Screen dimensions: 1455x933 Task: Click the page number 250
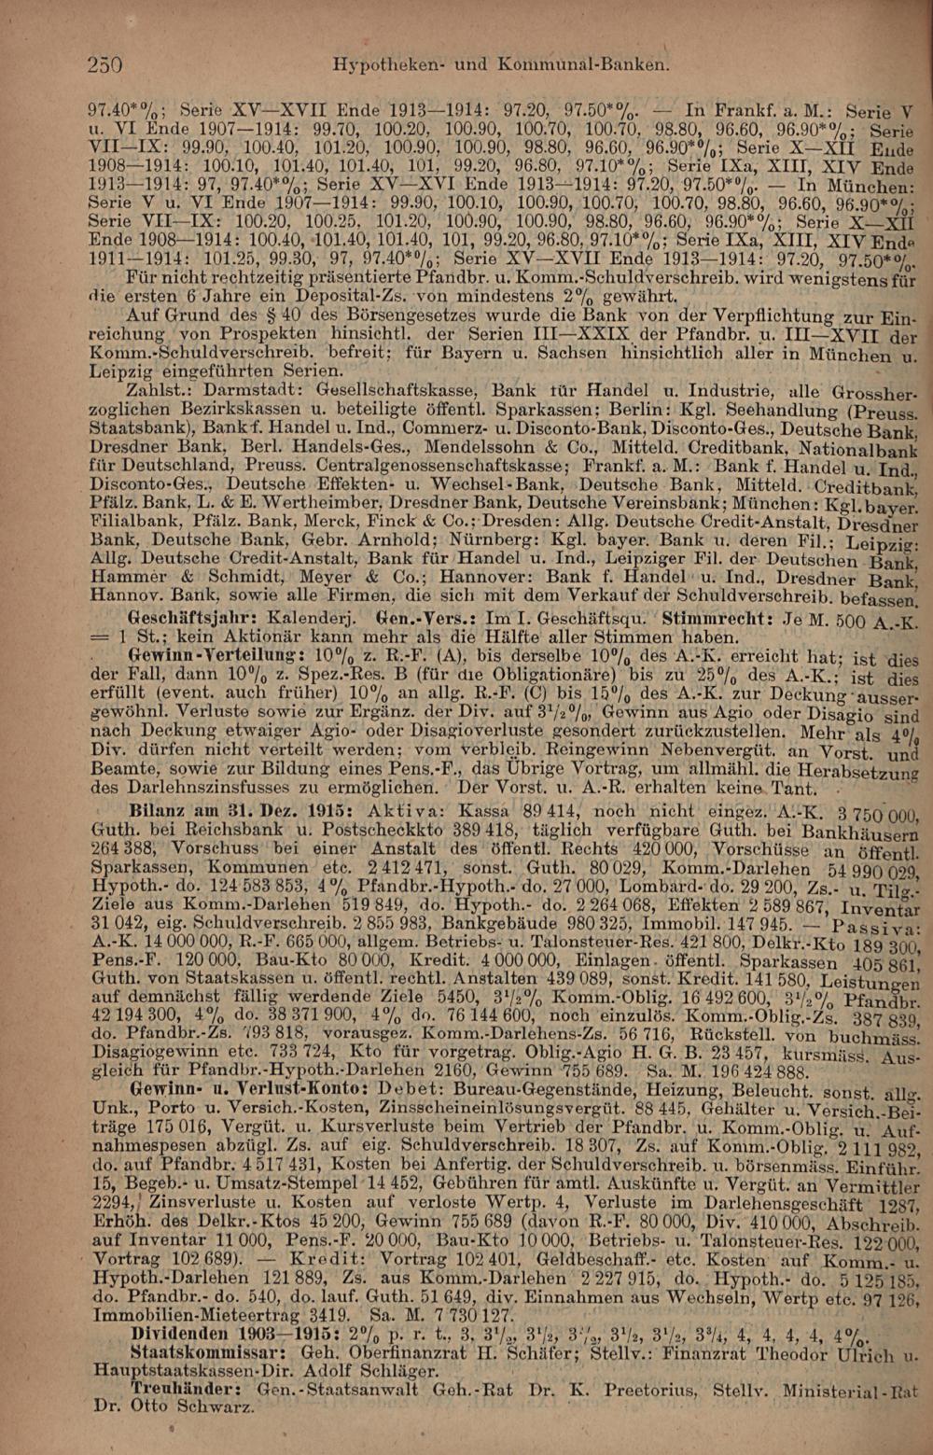click(104, 64)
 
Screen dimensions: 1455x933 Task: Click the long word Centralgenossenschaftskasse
click(435, 465)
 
